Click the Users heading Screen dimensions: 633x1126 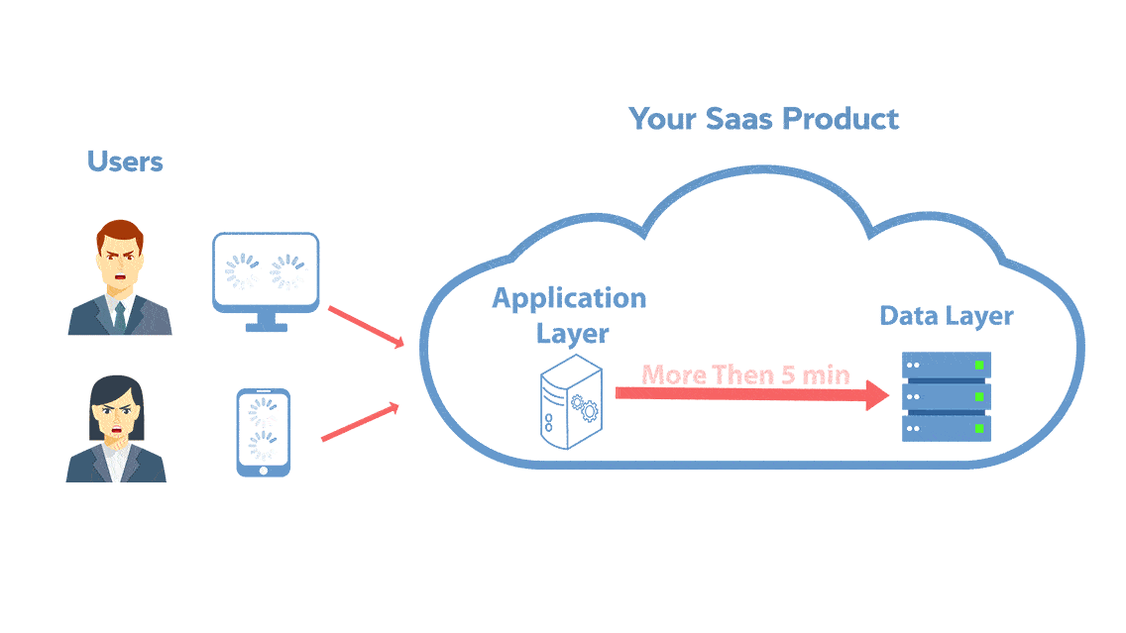[125, 161]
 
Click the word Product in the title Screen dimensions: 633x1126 [841, 119]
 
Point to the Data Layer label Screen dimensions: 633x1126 [947, 316]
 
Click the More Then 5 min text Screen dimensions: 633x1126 [745, 375]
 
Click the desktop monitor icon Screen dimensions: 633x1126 [266, 271]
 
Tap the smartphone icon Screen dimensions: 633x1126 [263, 431]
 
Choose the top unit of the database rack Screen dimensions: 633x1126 [947, 365]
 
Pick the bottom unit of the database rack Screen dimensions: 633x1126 [947, 429]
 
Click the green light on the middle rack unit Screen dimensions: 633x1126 [979, 396]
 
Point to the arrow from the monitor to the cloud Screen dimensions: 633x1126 [366, 327]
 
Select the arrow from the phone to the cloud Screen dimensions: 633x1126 [360, 422]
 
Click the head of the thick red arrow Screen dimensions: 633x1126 [876, 394]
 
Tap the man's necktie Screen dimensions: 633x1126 [120, 314]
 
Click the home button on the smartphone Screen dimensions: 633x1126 [263, 470]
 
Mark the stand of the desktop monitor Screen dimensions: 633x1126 [266, 322]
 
